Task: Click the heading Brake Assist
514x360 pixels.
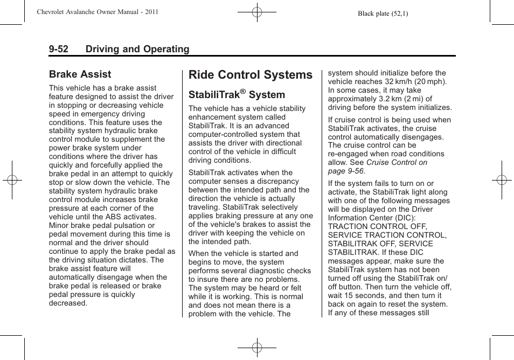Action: [x=80, y=74]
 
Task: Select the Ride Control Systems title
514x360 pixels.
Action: [x=251, y=75]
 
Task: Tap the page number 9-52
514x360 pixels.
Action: [x=59, y=49]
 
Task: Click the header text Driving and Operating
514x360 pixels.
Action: [x=137, y=49]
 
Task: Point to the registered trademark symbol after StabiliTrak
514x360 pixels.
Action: [x=242, y=92]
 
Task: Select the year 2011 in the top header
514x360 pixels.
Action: [x=151, y=11]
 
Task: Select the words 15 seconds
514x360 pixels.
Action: [x=369, y=295]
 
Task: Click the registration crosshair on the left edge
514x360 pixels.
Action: [x=12, y=180]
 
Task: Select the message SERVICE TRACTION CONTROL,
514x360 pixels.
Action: [x=387, y=235]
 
